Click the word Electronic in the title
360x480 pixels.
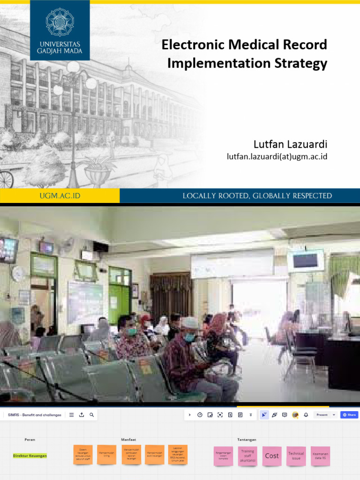coord(191,45)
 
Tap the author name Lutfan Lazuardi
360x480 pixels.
coord(290,144)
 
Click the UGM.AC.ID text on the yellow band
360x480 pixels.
coord(60,196)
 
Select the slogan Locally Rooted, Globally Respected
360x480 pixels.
coord(257,196)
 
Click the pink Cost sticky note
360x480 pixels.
coord(272,456)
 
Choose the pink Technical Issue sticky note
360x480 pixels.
coord(296,456)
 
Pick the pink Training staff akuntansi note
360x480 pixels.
coord(247,456)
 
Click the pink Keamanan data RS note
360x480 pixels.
coord(321,456)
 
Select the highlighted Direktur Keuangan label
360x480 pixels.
coord(30,456)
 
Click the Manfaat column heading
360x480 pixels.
coord(128,440)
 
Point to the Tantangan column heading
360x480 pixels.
coord(247,440)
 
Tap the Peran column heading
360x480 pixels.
coord(30,440)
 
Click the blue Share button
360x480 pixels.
coord(349,415)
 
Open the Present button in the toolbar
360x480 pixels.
coord(324,415)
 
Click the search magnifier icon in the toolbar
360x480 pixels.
coord(92,415)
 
